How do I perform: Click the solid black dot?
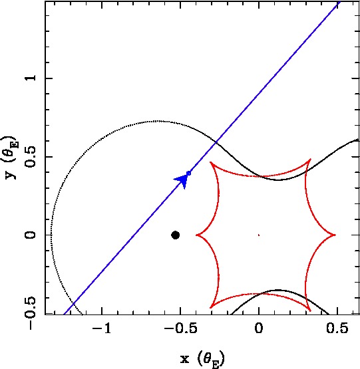(x=175, y=235)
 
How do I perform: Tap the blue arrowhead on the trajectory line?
(x=182, y=180)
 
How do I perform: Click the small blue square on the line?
(x=188, y=174)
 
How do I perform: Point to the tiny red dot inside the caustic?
(x=259, y=235)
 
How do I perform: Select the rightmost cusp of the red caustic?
(x=335, y=235)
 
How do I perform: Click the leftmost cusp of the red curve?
(x=196, y=235)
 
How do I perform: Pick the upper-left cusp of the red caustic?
(x=210, y=162)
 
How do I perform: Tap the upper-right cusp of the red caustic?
(x=311, y=160)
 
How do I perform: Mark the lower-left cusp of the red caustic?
(x=210, y=308)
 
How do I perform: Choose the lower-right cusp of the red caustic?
(x=310, y=310)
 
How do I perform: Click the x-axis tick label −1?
(x=102, y=328)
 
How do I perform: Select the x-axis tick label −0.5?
(x=181, y=328)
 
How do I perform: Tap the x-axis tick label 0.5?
(x=337, y=328)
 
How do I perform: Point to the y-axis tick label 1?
(x=31, y=78)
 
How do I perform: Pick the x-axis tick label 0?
(x=259, y=328)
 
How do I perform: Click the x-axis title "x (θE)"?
(x=202, y=359)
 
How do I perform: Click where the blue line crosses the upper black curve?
(x=216, y=142)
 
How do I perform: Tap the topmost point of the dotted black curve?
(x=156, y=121)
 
